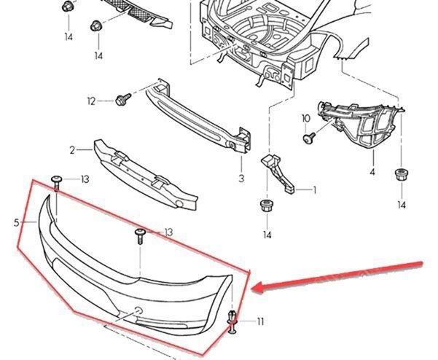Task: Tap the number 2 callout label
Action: pos(72,151)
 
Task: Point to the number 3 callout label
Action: pos(240,177)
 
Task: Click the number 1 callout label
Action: pos(315,191)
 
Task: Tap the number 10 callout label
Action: pos(305,118)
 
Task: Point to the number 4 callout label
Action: pos(372,173)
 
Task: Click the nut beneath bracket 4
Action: pos(400,174)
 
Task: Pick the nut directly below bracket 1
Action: pos(266,206)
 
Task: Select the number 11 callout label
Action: pos(260,321)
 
